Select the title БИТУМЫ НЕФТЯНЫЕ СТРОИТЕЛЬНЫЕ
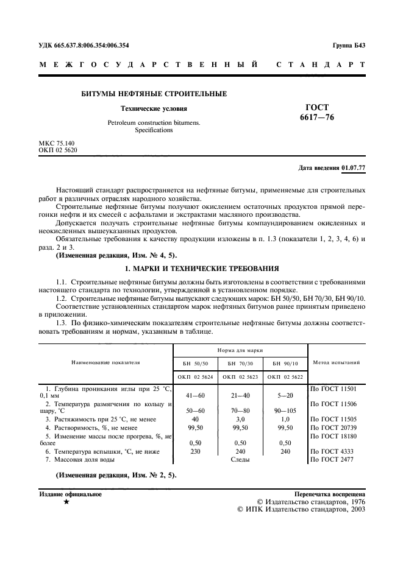coord(154,94)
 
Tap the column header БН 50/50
coord(196,363)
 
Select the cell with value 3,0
coord(241,419)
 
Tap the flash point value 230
coord(196,451)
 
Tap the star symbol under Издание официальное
coord(66,504)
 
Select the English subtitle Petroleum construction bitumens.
coord(154,122)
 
